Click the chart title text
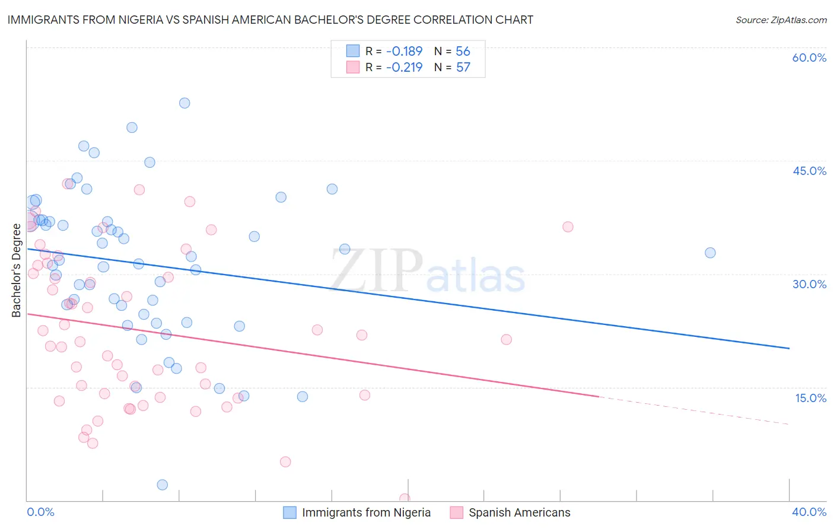pos(270,20)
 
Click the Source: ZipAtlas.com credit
pos(781,20)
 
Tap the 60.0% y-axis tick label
pos(809,58)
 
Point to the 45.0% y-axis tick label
pos(809,171)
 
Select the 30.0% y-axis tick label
pos(809,284)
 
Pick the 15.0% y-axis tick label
pos(810,398)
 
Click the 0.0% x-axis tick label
pos(40,512)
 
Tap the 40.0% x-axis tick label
pos(808,512)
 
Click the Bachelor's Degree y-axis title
pos(17,270)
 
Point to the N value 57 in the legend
pos(463,67)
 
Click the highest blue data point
pos(184,103)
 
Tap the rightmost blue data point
pos(710,253)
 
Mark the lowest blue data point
pos(162,485)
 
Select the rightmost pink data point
pos(568,227)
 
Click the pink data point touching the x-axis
pos(405,499)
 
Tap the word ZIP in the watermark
pos(376,270)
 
